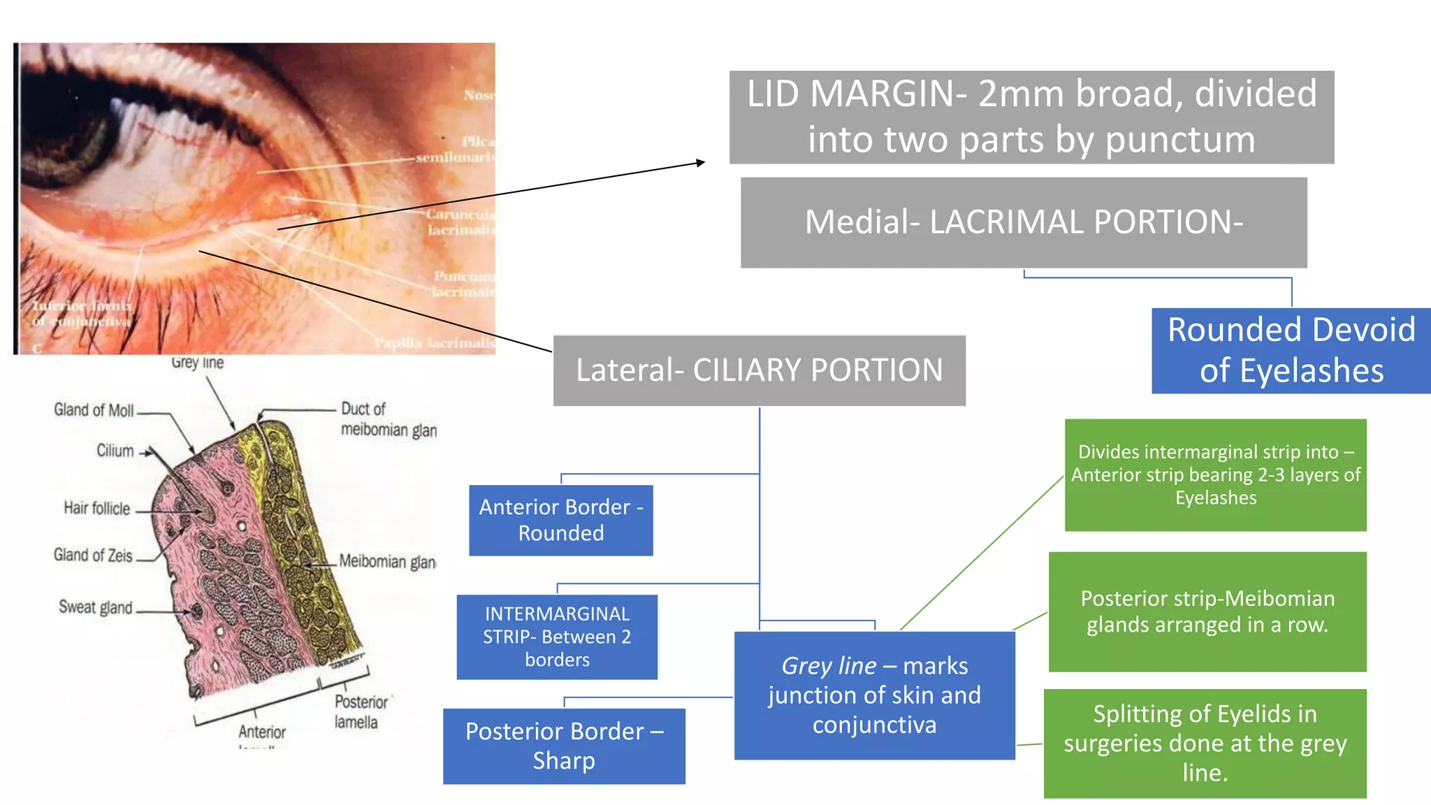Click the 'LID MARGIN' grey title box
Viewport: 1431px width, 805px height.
pyautogui.click(x=1031, y=117)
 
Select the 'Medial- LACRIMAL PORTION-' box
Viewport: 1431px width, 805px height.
pyautogui.click(x=1024, y=222)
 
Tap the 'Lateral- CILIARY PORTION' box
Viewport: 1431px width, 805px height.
pyautogui.click(x=759, y=370)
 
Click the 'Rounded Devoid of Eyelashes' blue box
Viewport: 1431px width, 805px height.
pyautogui.click(x=1291, y=350)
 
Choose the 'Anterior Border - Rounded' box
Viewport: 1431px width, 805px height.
pyautogui.click(x=560, y=520)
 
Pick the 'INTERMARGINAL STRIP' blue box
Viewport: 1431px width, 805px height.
pyautogui.click(x=557, y=637)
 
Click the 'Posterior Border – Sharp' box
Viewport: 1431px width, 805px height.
pyautogui.click(x=564, y=746)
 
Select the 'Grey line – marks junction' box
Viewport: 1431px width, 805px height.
pyautogui.click(x=874, y=695)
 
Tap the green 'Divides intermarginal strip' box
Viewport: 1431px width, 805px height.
pyautogui.click(x=1215, y=474)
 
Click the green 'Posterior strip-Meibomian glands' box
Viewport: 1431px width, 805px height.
pyautogui.click(x=1207, y=611)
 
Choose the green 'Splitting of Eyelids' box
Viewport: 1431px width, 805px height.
pyautogui.click(x=1205, y=743)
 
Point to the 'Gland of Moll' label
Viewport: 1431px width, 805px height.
pyautogui.click(x=94, y=410)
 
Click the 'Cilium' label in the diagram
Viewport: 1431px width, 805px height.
pyautogui.click(x=115, y=451)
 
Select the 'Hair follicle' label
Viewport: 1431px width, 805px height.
pyautogui.click(x=96, y=508)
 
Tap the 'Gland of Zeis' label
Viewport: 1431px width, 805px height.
pyautogui.click(x=93, y=555)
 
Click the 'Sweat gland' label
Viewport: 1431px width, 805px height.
pyautogui.click(x=95, y=607)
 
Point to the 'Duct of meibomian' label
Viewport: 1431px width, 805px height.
pyautogui.click(x=388, y=419)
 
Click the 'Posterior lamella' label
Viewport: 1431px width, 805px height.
pyautogui.click(x=361, y=711)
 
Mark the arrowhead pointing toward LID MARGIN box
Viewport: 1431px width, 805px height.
pyautogui.click(x=701, y=163)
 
